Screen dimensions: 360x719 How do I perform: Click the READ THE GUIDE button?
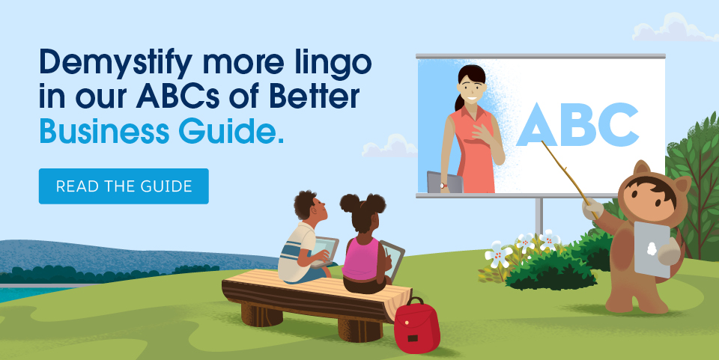124,186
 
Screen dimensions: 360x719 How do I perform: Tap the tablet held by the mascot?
652,248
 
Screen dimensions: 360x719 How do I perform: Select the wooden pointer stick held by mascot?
566,176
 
